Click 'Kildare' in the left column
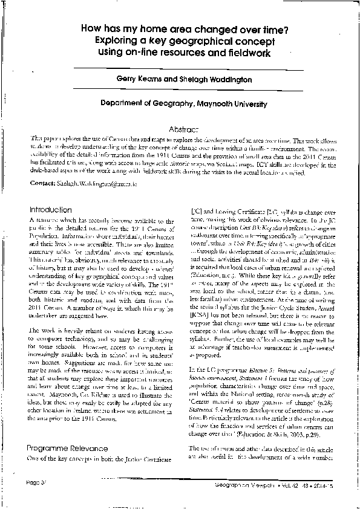[x=91, y=415]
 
